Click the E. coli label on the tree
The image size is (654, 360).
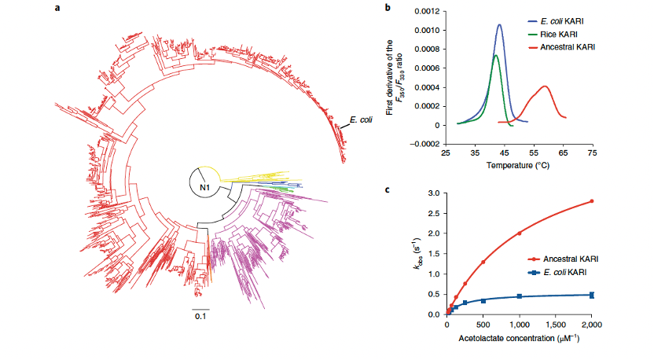(x=361, y=120)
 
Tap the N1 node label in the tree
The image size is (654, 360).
(x=204, y=188)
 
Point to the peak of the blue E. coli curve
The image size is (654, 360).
(x=499, y=24)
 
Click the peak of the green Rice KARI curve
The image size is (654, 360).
(x=495, y=55)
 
